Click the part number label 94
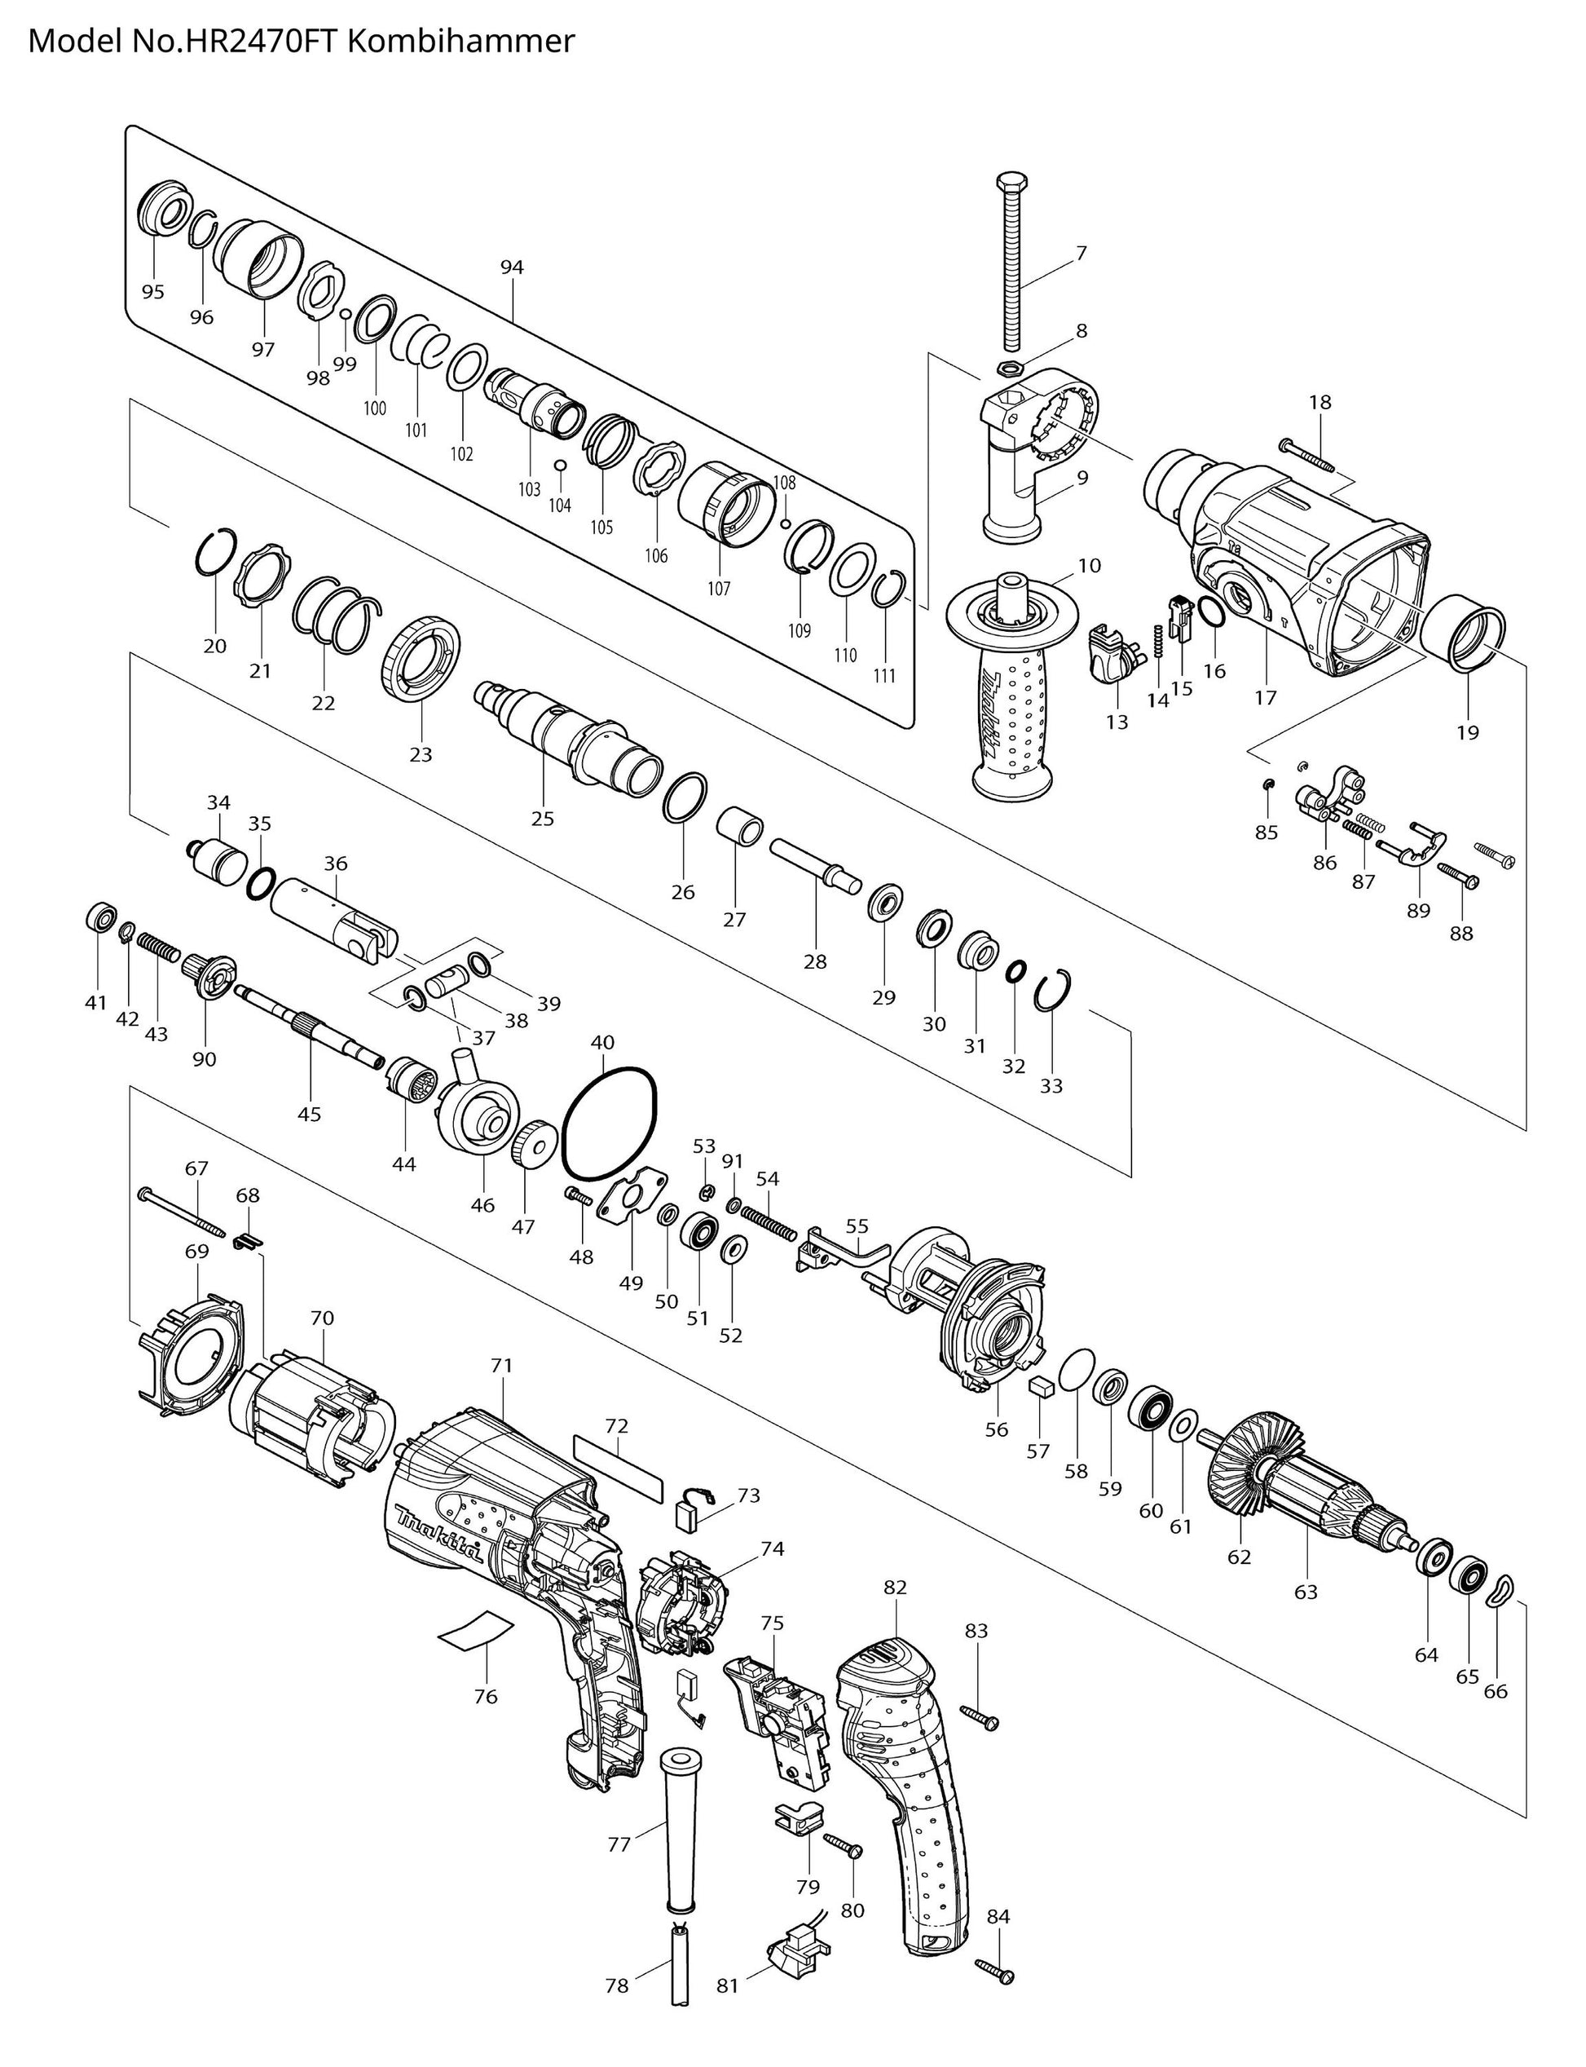512,268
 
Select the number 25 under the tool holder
543,819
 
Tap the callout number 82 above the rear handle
895,1588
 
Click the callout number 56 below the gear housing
997,1429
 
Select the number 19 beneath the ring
1468,731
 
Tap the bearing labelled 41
102,916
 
